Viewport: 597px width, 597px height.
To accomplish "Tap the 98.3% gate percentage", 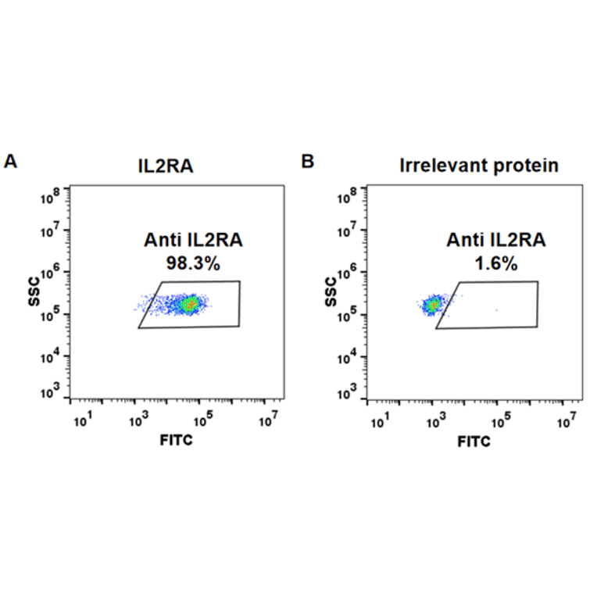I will [192, 264].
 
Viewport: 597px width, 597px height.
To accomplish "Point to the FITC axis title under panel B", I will [474, 441].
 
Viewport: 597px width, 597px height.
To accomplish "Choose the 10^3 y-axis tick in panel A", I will [52, 392].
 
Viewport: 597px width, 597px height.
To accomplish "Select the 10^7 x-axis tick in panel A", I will [268, 422].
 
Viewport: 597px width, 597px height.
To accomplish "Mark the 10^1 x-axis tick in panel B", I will [380, 422].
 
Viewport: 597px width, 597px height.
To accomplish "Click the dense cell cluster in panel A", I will [188, 305].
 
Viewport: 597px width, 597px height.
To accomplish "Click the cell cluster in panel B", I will [433, 306].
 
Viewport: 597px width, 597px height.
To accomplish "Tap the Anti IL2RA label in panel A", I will [192, 241].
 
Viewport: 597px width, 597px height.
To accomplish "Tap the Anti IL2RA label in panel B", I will [495, 241].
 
